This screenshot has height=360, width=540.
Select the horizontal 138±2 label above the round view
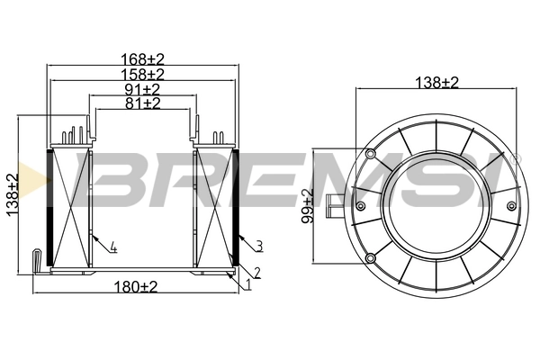(436, 82)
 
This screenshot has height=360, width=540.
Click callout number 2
(256, 272)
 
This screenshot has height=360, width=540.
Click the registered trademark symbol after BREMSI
(517, 157)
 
